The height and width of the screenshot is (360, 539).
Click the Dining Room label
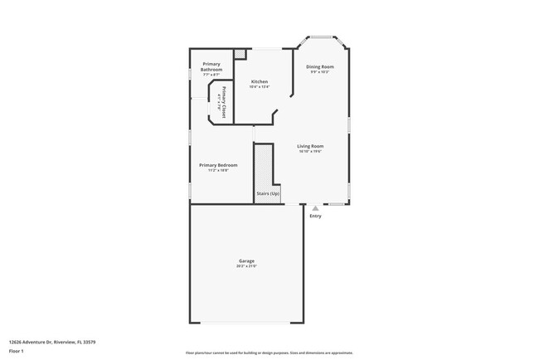[x=320, y=66]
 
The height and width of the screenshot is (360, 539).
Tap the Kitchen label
[x=260, y=81]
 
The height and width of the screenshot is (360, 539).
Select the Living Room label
[x=310, y=147]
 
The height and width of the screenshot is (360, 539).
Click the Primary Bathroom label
[x=211, y=66]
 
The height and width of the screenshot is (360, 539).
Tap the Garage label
[x=247, y=261]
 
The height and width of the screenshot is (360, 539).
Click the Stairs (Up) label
[x=268, y=192]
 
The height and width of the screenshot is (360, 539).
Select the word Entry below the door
[x=315, y=216]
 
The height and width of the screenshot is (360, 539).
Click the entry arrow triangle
[x=315, y=208]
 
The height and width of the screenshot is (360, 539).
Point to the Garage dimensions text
[x=247, y=266]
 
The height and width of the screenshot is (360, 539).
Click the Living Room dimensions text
[x=310, y=152]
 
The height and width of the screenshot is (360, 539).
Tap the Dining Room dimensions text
[x=320, y=71]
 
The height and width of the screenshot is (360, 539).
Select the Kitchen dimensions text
[x=260, y=86]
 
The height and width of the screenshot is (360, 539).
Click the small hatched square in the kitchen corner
[x=240, y=54]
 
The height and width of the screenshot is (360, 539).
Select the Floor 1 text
[x=16, y=351]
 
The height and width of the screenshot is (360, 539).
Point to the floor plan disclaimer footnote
[x=269, y=352]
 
